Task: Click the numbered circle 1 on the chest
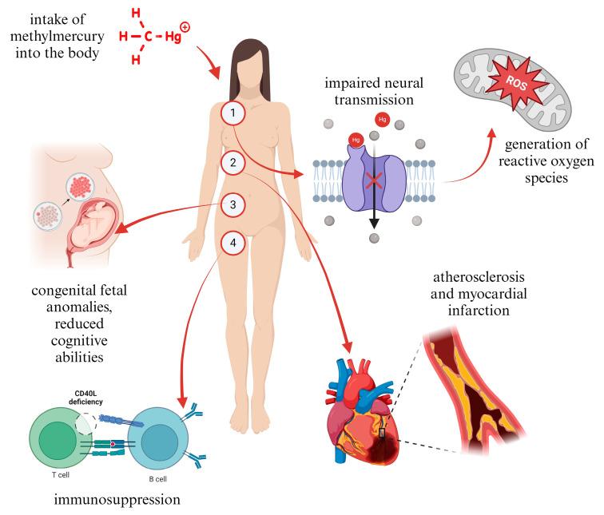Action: point(232,114)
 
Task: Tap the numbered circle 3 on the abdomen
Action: point(232,205)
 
